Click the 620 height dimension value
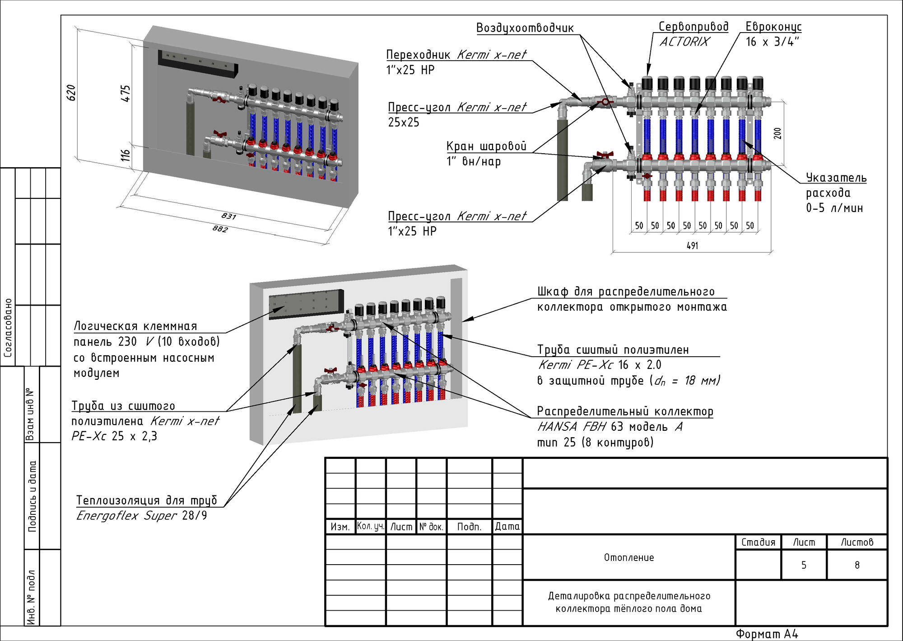pyautogui.click(x=71, y=93)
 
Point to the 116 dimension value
pyautogui.click(x=126, y=156)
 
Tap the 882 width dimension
pyautogui.click(x=220, y=229)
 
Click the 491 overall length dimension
pyautogui.click(x=692, y=245)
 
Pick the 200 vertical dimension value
pyautogui.click(x=777, y=133)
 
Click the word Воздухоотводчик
pyautogui.click(x=525, y=28)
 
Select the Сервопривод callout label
pyautogui.click(x=694, y=27)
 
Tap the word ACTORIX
pyautogui.click(x=684, y=42)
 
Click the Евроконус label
pyautogui.click(x=773, y=27)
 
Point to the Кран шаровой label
pyautogui.click(x=486, y=146)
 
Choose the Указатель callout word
pyautogui.click(x=836, y=178)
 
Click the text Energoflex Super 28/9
pyautogui.click(x=141, y=515)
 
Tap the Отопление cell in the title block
pyautogui.click(x=629, y=557)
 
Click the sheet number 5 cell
pyautogui.click(x=804, y=565)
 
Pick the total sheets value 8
pyautogui.click(x=857, y=565)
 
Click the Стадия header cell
pyautogui.click(x=758, y=542)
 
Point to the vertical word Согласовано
pyautogui.click(x=8, y=328)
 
